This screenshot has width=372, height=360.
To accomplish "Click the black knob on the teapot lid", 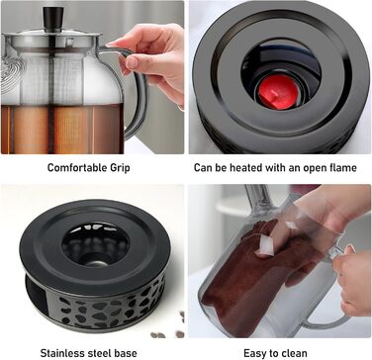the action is (53, 19).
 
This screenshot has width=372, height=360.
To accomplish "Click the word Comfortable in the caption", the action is (72, 167).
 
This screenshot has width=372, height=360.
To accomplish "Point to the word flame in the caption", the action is (341, 167).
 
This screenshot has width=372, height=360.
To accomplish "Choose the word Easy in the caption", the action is (254, 353).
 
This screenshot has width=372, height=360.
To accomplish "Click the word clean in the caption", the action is (293, 353).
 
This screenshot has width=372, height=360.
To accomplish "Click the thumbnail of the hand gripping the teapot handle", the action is (93, 77).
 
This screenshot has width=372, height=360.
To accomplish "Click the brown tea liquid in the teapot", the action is (62, 129).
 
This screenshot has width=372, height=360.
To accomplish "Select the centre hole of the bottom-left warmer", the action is (96, 244).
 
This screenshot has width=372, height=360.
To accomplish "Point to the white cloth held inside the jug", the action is (266, 246).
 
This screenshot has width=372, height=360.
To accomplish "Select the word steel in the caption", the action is (100, 353).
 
